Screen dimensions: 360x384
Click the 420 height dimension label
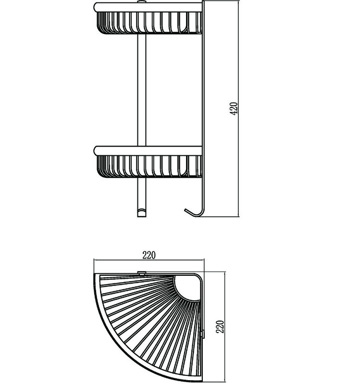click(x=234, y=109)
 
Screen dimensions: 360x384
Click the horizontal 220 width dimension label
click(x=149, y=255)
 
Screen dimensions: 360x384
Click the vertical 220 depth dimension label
click(x=221, y=326)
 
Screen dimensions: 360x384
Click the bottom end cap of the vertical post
click(x=142, y=213)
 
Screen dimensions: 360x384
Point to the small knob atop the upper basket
click(x=141, y=2)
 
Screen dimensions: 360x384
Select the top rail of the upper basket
click(x=148, y=7)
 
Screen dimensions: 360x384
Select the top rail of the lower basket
click(x=148, y=151)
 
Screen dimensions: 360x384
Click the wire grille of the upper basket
click(x=149, y=23)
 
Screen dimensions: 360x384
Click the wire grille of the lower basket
click(x=149, y=166)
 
